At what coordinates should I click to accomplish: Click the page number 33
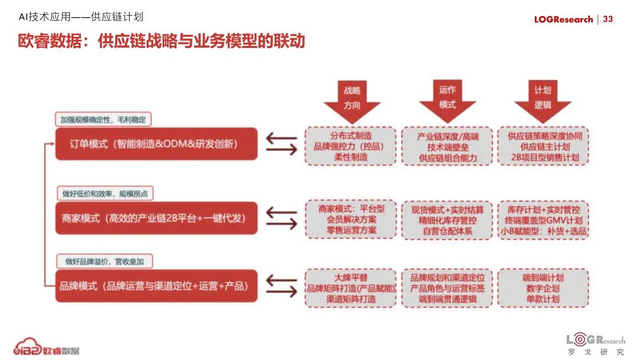coord(608,19)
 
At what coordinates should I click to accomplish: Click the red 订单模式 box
coord(156,144)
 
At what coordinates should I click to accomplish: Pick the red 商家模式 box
coord(156,218)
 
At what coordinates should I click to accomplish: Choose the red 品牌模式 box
coord(156,286)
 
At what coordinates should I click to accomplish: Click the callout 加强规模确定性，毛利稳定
coord(104,119)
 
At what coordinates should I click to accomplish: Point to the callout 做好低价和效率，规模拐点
coord(104,194)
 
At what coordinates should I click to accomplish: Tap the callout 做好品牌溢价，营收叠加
coord(104,261)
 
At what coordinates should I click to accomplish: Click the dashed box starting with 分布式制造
coord(351,146)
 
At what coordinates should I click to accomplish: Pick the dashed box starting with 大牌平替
coord(351,288)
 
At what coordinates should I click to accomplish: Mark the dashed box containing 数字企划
coord(543,288)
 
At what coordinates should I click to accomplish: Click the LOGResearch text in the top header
coord(563,19)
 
